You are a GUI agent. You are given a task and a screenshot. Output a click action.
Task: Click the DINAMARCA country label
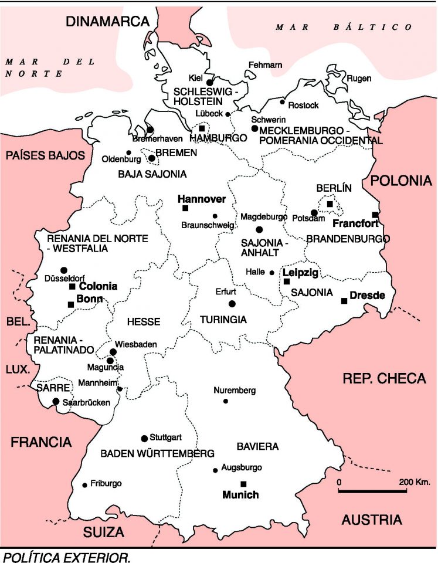(108, 22)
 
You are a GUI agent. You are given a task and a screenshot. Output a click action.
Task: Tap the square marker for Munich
(244, 483)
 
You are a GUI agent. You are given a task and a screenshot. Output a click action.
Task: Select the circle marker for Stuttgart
(144, 438)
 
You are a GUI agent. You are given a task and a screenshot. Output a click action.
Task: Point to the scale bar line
(372, 491)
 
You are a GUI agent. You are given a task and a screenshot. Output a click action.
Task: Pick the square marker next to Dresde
(344, 301)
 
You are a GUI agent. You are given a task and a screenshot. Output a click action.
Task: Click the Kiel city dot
(209, 83)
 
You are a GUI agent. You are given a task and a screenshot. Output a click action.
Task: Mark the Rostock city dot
(283, 102)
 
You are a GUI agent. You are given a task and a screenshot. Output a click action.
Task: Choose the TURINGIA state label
(223, 320)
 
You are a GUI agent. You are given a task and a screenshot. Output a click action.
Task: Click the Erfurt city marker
(232, 303)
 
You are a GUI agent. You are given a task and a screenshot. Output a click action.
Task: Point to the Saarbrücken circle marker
(56, 402)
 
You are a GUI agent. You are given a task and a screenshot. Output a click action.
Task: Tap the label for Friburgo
(106, 483)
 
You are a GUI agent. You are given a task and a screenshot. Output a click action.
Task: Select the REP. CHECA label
(384, 378)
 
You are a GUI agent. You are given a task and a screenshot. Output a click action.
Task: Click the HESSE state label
(144, 321)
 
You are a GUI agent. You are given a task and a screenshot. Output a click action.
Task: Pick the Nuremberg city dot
(226, 401)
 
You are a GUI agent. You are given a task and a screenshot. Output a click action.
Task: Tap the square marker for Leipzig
(287, 281)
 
